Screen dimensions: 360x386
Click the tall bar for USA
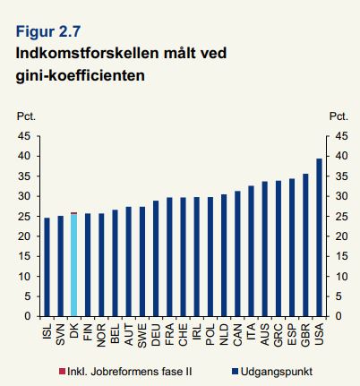click(x=319, y=237)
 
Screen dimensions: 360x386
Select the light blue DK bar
click(x=74, y=265)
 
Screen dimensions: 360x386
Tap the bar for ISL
click(x=47, y=267)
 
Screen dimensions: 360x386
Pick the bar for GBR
click(x=305, y=245)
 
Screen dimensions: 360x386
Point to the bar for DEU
click(x=156, y=259)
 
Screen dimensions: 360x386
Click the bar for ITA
click(x=251, y=251)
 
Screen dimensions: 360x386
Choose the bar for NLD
click(x=224, y=255)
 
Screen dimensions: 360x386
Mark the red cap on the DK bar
click(x=74, y=213)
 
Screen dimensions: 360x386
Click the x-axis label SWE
click(x=142, y=336)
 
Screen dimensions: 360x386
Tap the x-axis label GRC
click(x=279, y=335)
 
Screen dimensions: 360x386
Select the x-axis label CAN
click(x=237, y=335)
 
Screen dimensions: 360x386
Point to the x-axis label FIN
click(x=88, y=332)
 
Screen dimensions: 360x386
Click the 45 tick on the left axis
click(x=24, y=136)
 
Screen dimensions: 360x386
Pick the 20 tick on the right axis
click(x=342, y=236)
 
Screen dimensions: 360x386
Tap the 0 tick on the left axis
click(x=28, y=316)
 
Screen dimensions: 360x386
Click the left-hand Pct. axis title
click(x=26, y=116)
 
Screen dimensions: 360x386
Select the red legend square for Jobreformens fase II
click(x=62, y=372)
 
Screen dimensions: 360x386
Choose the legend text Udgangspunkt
click(x=277, y=372)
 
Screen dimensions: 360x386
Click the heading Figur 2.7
click(x=48, y=31)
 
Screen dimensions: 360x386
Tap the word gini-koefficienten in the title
click(x=81, y=75)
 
